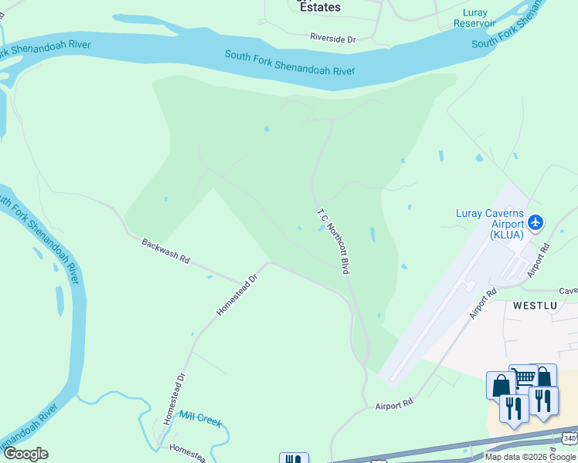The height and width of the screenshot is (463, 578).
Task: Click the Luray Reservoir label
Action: pos(474,18)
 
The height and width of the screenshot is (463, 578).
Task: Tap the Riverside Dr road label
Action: pos(332,38)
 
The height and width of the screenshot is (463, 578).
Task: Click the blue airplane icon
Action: pos(535,224)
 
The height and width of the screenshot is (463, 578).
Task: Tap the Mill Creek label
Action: pos(200,419)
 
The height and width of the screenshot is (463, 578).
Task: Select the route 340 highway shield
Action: pos(569,438)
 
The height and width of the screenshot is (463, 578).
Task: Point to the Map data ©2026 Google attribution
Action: pos(531,457)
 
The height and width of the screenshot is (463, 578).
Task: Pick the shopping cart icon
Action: pos(523,377)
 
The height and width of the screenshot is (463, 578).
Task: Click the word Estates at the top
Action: pos(319,7)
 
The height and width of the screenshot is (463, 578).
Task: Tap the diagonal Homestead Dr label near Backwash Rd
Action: pos(236,294)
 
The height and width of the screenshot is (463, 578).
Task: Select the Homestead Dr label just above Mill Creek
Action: pos(175,397)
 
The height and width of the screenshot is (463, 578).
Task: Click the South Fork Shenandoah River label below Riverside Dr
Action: pos(290,63)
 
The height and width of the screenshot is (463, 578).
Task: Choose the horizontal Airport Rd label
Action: pos(395,404)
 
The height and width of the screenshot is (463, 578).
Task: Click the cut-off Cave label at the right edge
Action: pos(569,291)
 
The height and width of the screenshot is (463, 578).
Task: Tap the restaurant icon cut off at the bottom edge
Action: pos(294,458)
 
